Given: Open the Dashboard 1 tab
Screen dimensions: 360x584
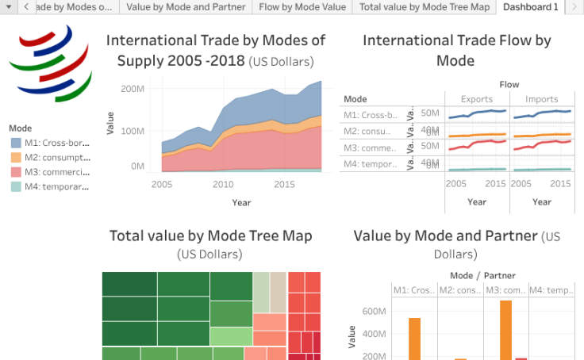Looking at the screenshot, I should pyautogui.click(x=530, y=7).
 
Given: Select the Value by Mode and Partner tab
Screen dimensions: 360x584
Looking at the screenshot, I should pyautogui.click(x=186, y=7).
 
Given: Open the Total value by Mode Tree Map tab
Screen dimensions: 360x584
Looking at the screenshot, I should pyautogui.click(x=424, y=7).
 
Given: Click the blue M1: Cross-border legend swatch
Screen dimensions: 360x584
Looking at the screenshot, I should pyautogui.click(x=16, y=144).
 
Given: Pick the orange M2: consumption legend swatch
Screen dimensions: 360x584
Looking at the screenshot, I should pyautogui.click(x=16, y=158).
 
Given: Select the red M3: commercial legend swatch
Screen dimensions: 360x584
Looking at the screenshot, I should pyautogui.click(x=16, y=172).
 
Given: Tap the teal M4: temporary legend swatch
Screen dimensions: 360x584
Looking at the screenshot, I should pyautogui.click(x=16, y=186).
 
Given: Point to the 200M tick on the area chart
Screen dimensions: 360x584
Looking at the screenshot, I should pyautogui.click(x=132, y=89).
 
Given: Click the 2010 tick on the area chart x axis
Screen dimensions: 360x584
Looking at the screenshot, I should pyautogui.click(x=223, y=184).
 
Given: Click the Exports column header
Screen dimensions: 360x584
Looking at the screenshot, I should pyautogui.click(x=476, y=99).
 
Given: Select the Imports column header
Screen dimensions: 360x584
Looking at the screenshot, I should pyautogui.click(x=541, y=99).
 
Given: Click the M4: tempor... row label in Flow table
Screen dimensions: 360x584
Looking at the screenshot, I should pyautogui.click(x=371, y=163).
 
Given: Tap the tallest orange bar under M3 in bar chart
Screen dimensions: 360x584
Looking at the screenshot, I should pyautogui.click(x=505, y=330).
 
